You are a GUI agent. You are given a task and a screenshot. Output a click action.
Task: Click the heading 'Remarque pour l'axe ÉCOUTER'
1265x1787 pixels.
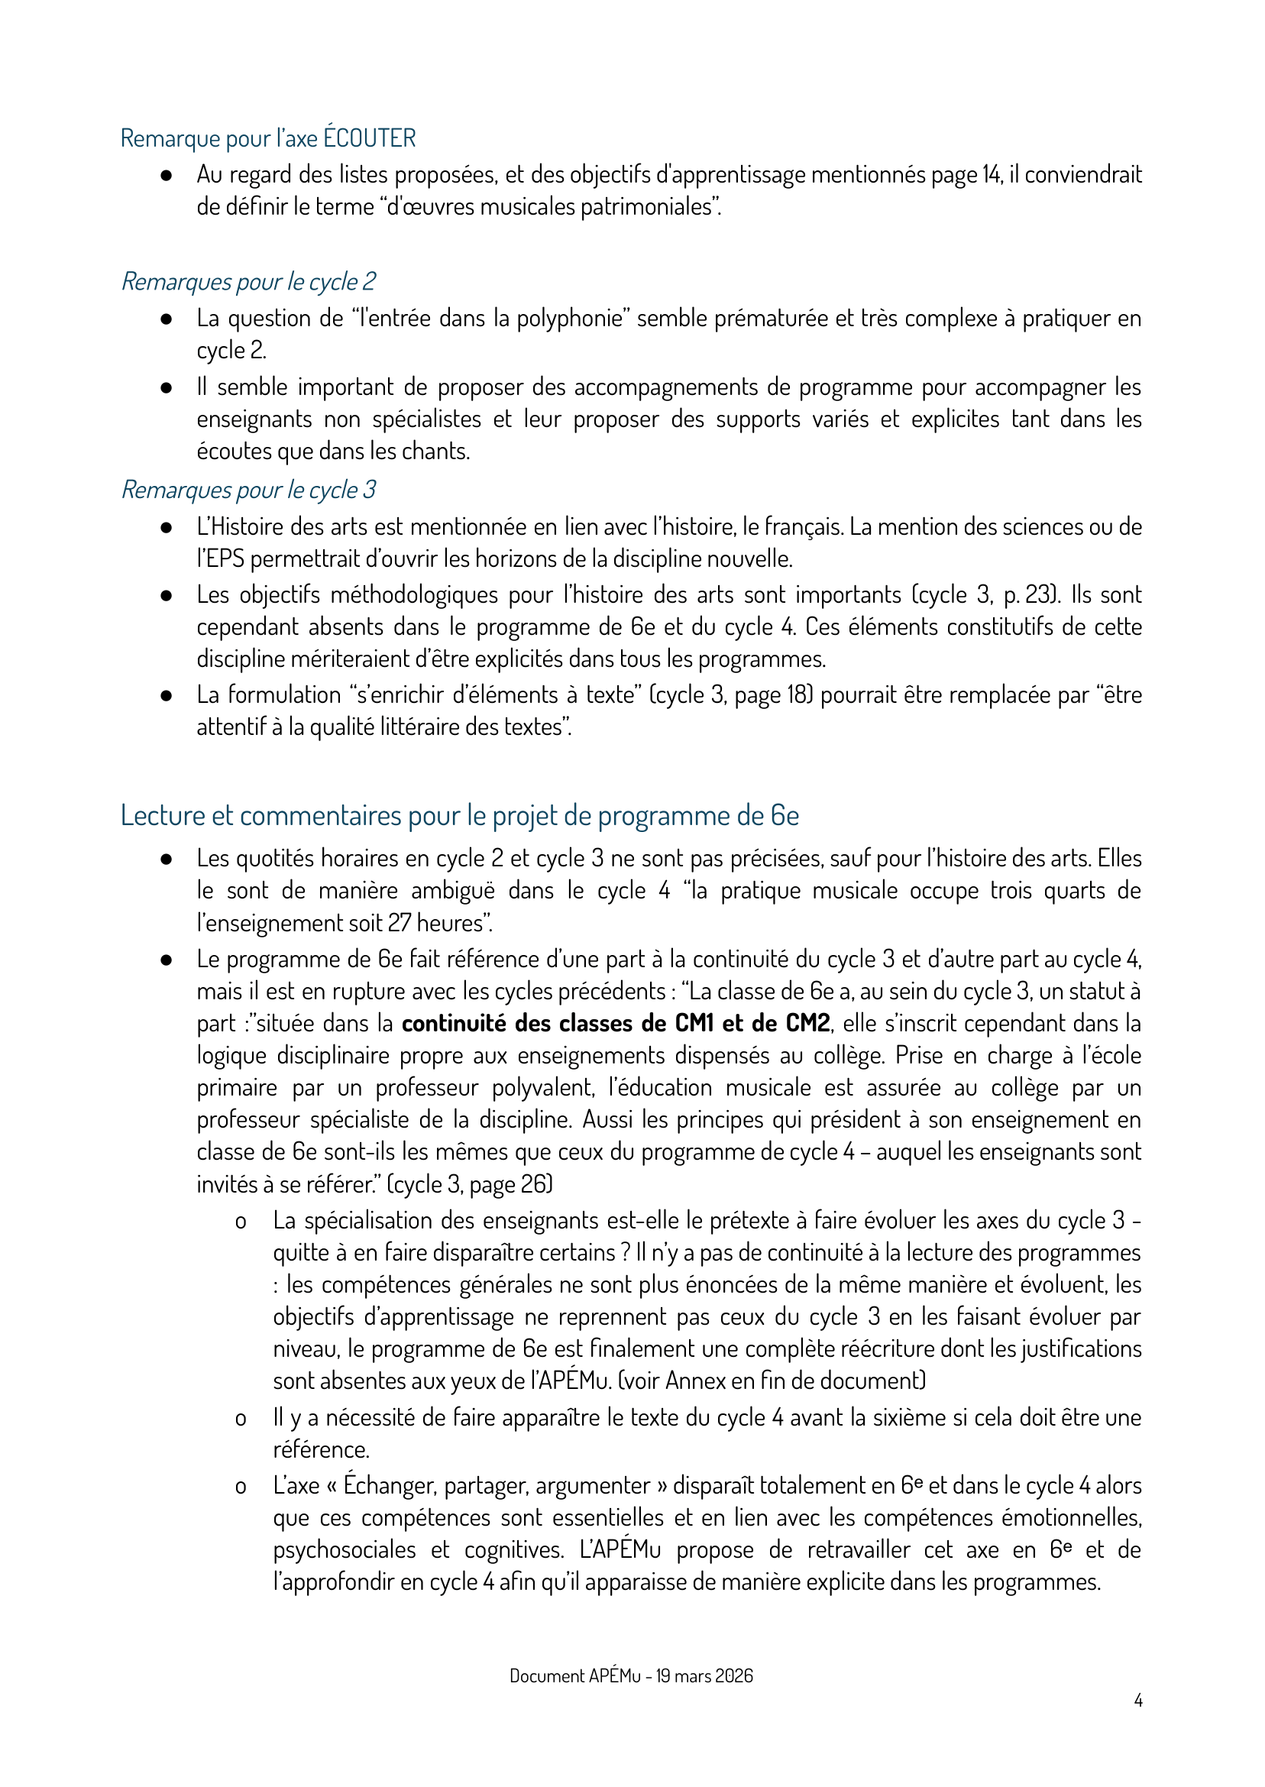pyautogui.click(x=268, y=138)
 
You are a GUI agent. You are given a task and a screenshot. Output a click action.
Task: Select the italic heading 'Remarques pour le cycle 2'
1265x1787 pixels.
pyautogui.click(x=248, y=281)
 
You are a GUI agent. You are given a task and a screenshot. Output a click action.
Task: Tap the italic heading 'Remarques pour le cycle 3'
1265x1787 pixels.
pyautogui.click(x=248, y=490)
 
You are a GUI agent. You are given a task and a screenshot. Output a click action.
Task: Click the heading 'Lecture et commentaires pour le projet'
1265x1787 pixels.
pyautogui.click(x=460, y=816)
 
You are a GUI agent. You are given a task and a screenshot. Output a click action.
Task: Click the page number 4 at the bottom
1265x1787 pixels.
pyautogui.click(x=1138, y=1701)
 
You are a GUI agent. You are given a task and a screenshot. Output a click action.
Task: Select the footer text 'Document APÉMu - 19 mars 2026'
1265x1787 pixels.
pyautogui.click(x=631, y=1675)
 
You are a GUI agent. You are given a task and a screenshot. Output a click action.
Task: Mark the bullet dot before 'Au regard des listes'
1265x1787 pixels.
pyautogui.click(x=166, y=175)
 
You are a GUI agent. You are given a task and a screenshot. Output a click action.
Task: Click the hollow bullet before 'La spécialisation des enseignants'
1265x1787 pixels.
pyautogui.click(x=241, y=1222)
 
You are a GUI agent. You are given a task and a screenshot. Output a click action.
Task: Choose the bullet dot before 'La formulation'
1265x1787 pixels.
pyautogui.click(x=166, y=696)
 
